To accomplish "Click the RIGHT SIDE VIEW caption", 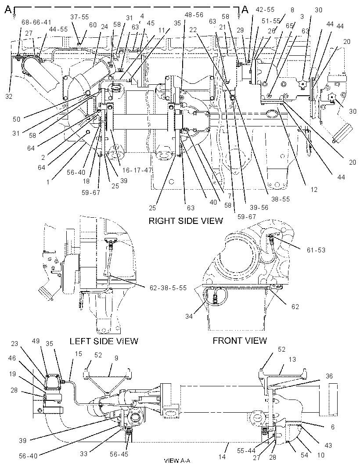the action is coord(186,221).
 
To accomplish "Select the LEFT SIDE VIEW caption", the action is coord(104,341).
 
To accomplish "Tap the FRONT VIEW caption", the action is coord(240,341).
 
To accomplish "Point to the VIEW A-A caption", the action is coord(177,461).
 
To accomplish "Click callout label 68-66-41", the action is coord(36,22).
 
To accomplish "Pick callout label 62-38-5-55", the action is coord(168,288).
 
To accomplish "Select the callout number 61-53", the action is coord(316,250).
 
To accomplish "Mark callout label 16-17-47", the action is coord(137,170).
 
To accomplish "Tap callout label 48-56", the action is coord(194,14).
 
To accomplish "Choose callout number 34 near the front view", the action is coord(189,317).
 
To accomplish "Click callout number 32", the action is coord(9,97).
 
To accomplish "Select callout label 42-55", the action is coord(265,10).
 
